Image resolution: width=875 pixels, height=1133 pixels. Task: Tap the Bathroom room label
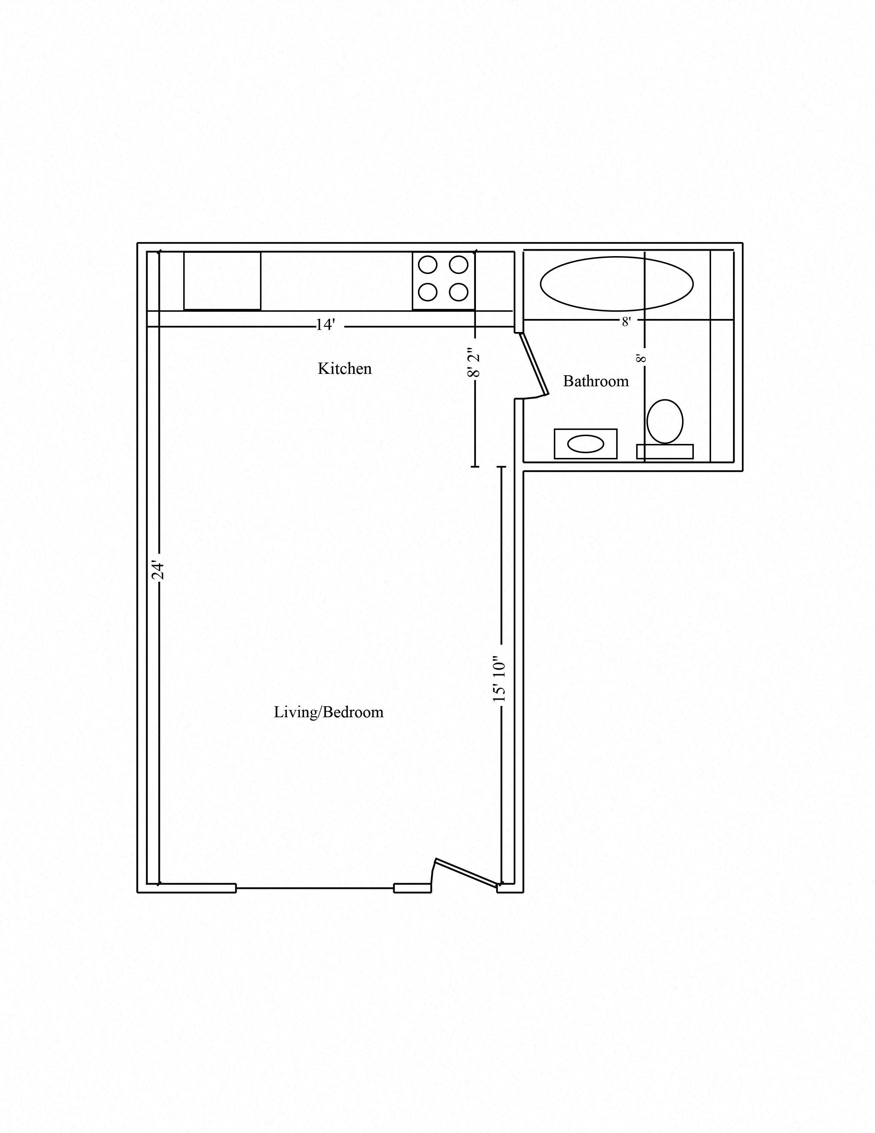(596, 381)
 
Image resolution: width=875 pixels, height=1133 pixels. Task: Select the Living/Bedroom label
(329, 712)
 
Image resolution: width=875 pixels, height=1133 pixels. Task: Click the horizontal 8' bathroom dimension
(626, 322)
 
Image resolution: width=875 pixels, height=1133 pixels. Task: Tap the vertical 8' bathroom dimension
(641, 358)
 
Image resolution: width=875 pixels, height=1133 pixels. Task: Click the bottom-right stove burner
(459, 293)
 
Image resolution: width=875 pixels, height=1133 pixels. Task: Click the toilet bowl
(665, 421)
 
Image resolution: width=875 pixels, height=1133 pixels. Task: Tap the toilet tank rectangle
(665, 451)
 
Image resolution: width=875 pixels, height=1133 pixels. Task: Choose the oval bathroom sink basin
(585, 444)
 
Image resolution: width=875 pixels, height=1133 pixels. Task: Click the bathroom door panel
(534, 364)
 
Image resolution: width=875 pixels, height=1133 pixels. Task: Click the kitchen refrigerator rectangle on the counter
(222, 281)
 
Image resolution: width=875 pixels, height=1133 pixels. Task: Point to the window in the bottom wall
(315, 888)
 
